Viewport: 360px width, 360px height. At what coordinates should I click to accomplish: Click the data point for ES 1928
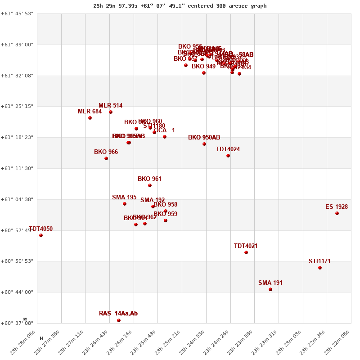pos(337,213)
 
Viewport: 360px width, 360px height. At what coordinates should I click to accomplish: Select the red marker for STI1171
pos(320,268)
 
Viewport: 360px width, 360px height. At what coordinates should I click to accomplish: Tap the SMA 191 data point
pos(270,289)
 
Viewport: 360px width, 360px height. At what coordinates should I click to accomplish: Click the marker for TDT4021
pos(246,252)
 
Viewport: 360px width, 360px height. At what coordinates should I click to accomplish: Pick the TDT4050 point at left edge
pos(41,235)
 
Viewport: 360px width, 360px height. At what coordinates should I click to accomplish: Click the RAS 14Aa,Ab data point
pos(119,320)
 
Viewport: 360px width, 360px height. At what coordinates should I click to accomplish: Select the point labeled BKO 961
pos(150,185)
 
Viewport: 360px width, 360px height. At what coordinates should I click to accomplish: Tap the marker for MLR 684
pos(90,118)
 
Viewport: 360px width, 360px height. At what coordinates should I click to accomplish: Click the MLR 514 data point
pos(111,112)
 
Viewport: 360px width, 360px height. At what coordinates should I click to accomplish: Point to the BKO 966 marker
pos(106,158)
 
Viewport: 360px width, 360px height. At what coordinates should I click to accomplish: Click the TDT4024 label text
pos(228,149)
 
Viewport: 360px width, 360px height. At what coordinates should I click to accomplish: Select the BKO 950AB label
pos(204,138)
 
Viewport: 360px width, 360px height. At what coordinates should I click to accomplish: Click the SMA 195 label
pos(124,198)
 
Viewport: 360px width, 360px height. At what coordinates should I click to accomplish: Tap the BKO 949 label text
pos(203,67)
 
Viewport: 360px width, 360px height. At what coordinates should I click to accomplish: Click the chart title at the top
pos(180,6)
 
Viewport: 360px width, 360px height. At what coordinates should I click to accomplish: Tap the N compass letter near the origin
pos(25,319)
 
